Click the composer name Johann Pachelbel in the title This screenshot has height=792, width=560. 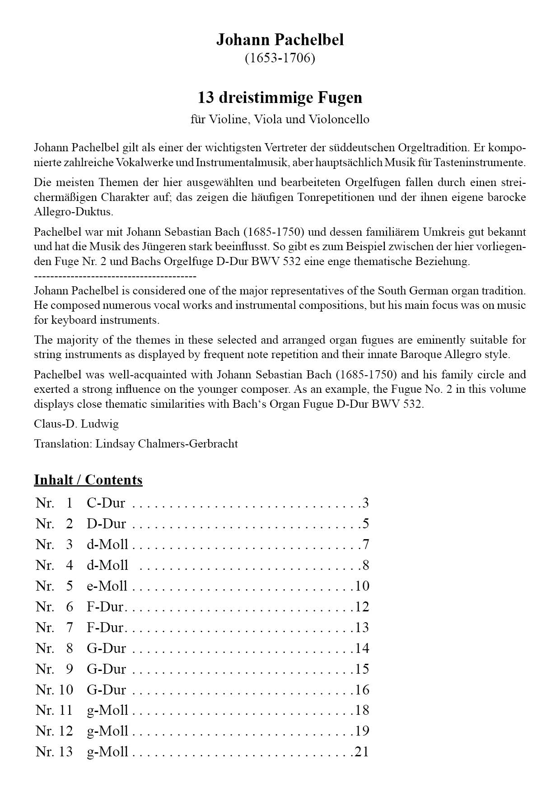click(x=280, y=40)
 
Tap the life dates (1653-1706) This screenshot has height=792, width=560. click(x=280, y=58)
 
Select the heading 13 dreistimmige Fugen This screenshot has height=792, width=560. click(x=280, y=98)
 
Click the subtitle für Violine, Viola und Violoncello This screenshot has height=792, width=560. click(x=280, y=119)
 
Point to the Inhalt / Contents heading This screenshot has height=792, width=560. click(x=88, y=480)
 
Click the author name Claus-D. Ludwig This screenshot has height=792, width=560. click(x=76, y=424)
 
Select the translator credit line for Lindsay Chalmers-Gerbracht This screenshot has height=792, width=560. click(x=136, y=443)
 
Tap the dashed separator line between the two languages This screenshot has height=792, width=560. click(x=115, y=276)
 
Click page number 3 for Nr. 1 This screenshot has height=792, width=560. click(x=365, y=503)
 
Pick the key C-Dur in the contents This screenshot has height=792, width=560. click(x=106, y=503)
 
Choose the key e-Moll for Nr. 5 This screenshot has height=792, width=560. click(x=107, y=586)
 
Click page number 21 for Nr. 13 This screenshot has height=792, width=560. click(x=362, y=752)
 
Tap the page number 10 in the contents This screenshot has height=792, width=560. click(x=362, y=586)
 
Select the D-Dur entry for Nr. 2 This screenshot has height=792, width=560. click(x=106, y=523)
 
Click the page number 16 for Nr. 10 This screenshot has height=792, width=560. click(x=362, y=690)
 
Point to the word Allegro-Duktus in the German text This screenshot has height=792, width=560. click(x=74, y=212)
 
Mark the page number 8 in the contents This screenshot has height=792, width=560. click(x=366, y=565)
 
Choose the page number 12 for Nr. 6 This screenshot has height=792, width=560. click(x=362, y=606)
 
